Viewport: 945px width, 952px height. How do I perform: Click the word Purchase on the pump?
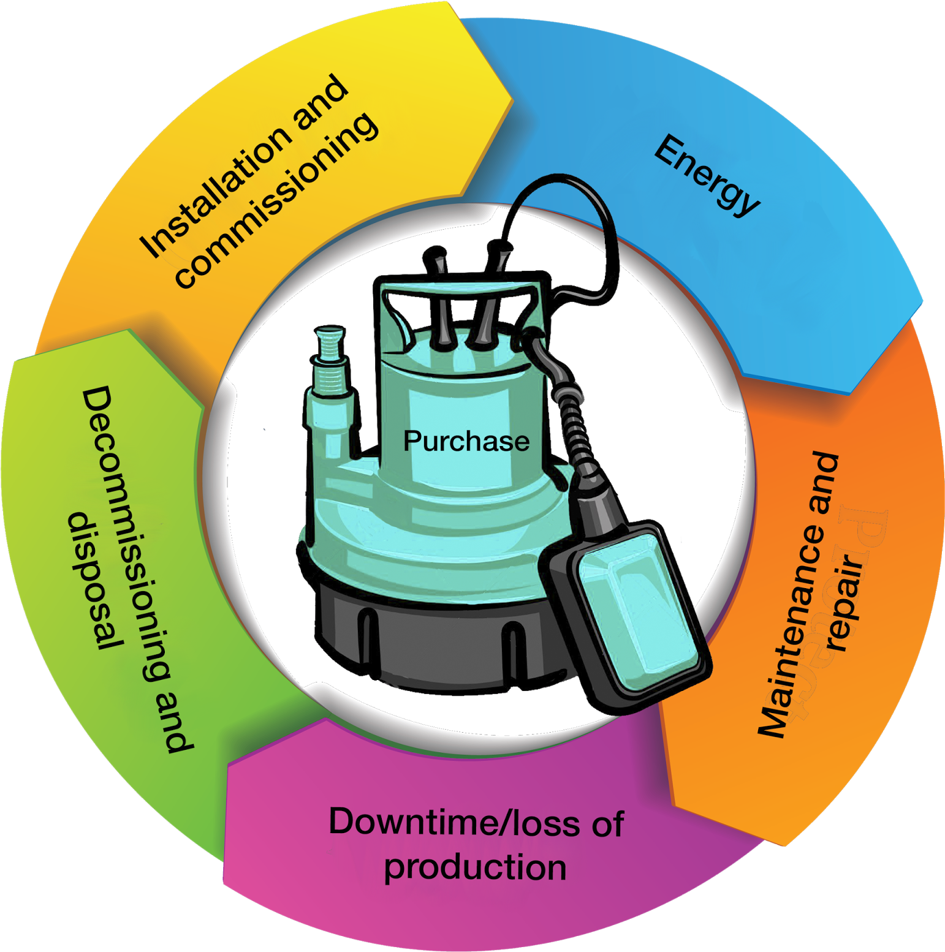466,441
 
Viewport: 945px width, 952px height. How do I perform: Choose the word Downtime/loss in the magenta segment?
454,822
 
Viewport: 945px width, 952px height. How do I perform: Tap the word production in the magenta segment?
475,867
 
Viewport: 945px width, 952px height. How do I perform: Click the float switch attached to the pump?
631,613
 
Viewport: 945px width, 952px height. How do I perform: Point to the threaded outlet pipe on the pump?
331,355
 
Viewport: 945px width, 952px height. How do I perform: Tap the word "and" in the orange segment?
824,484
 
